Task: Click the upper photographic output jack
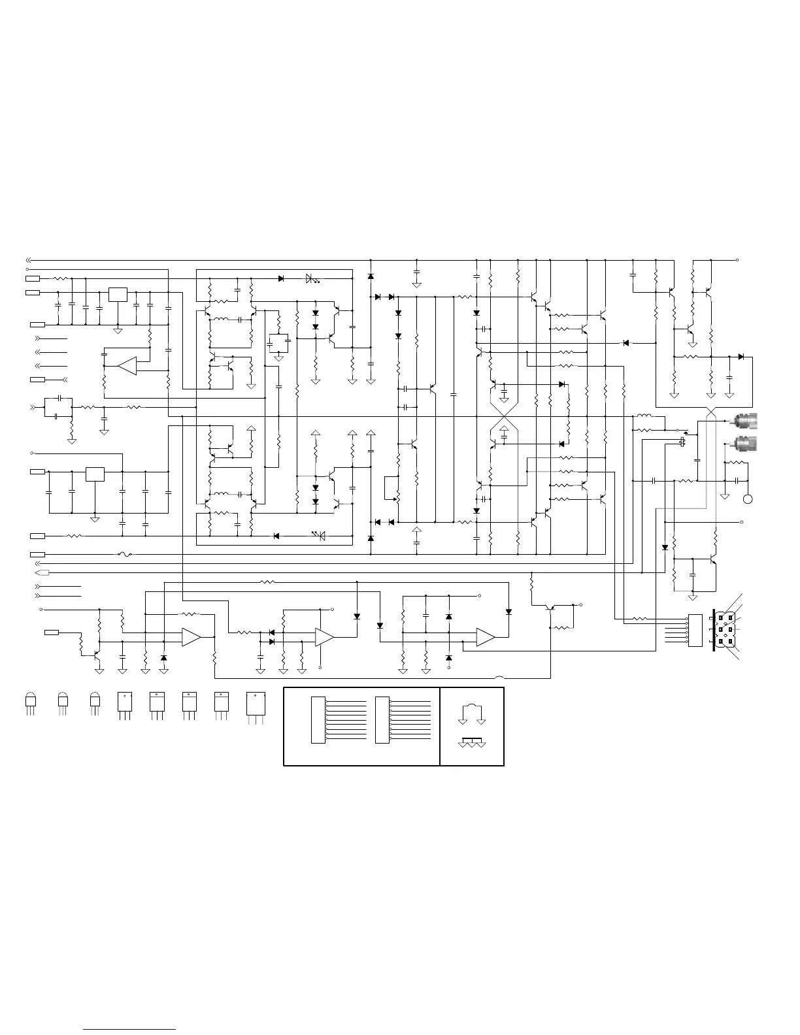(x=746, y=421)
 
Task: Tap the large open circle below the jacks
(x=748, y=500)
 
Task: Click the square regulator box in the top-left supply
(x=118, y=295)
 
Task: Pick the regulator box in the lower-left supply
(x=95, y=474)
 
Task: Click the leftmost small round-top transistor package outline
(x=30, y=700)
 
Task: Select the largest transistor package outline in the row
(x=255, y=704)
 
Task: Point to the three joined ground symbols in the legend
(x=472, y=744)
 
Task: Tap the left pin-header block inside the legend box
(x=318, y=720)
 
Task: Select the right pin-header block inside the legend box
(x=382, y=720)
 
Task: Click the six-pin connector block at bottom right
(x=695, y=630)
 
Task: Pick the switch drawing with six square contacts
(x=725, y=629)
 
